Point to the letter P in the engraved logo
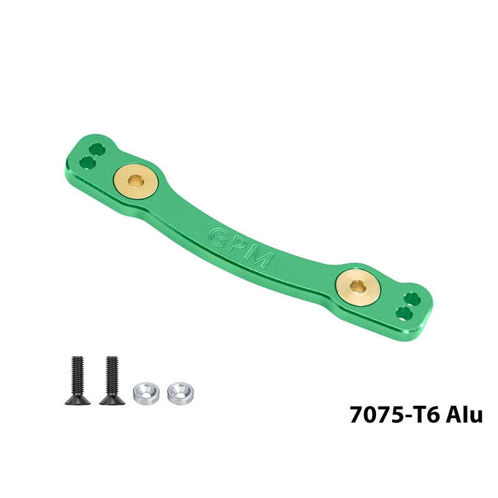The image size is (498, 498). pos(238,247)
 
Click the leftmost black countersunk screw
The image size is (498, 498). pos(77,380)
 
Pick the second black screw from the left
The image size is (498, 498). pos(112,380)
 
